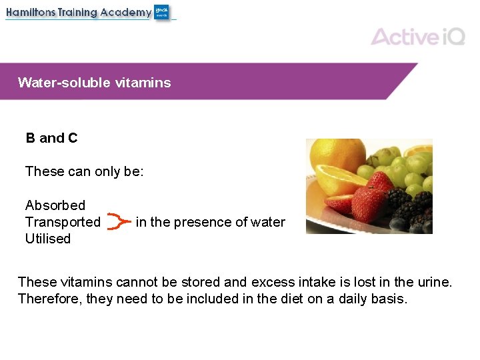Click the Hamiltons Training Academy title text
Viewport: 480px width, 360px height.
79,13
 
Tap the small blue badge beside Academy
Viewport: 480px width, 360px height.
162,12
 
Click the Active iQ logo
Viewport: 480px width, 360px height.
417,36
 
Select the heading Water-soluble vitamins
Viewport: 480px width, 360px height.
94,83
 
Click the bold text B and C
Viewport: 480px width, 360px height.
51,138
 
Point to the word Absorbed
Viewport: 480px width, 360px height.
55,205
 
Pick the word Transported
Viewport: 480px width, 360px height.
63,222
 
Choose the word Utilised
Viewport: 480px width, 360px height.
47,239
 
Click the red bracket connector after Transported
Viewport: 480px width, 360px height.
118,222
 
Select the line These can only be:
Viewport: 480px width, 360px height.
84,171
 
